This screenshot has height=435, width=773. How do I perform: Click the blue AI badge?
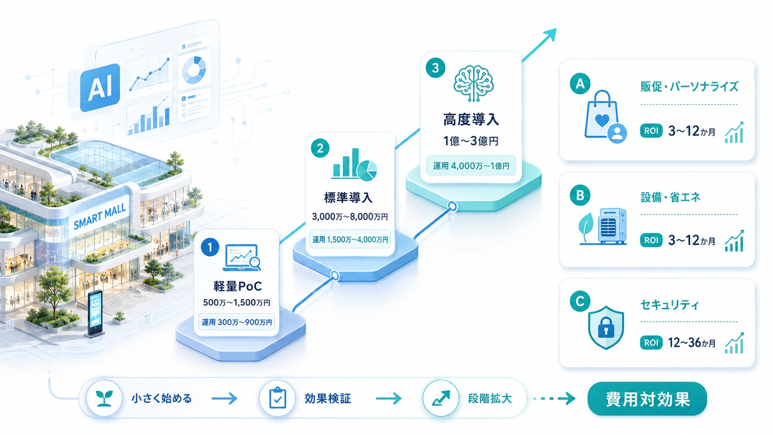click(x=100, y=88)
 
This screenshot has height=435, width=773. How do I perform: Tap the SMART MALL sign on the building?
click(x=100, y=216)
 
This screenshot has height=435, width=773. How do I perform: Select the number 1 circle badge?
click(x=210, y=247)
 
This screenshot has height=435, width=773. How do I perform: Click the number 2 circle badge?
click(x=320, y=148)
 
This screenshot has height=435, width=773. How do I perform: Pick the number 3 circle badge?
click(x=435, y=68)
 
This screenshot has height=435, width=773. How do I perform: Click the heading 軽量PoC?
click(x=238, y=286)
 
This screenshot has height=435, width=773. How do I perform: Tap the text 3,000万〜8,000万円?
click(x=350, y=217)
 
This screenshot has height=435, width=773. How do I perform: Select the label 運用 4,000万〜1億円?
click(x=471, y=166)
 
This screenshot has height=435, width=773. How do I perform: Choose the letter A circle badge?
click(x=580, y=84)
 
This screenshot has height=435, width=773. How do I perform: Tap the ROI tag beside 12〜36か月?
click(x=651, y=343)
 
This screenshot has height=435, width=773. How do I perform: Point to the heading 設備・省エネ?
click(x=670, y=197)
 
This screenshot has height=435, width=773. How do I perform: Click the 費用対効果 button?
click(x=647, y=399)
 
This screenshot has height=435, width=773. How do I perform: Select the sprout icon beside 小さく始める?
click(x=104, y=398)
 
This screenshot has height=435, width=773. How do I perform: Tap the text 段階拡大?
click(x=490, y=398)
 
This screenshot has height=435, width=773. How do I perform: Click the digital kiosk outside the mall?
click(x=95, y=313)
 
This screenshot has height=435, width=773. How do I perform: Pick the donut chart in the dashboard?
click(x=194, y=70)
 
